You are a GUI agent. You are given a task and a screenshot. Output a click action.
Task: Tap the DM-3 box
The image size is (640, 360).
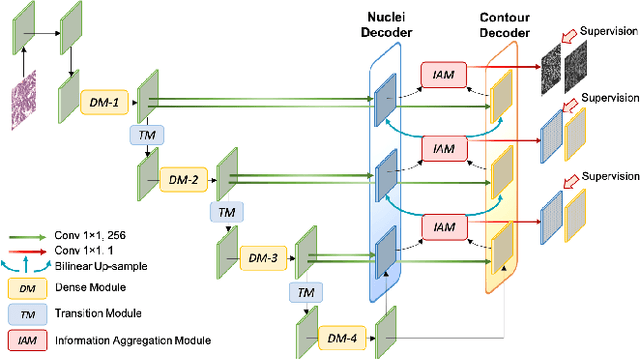tap(264, 259)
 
